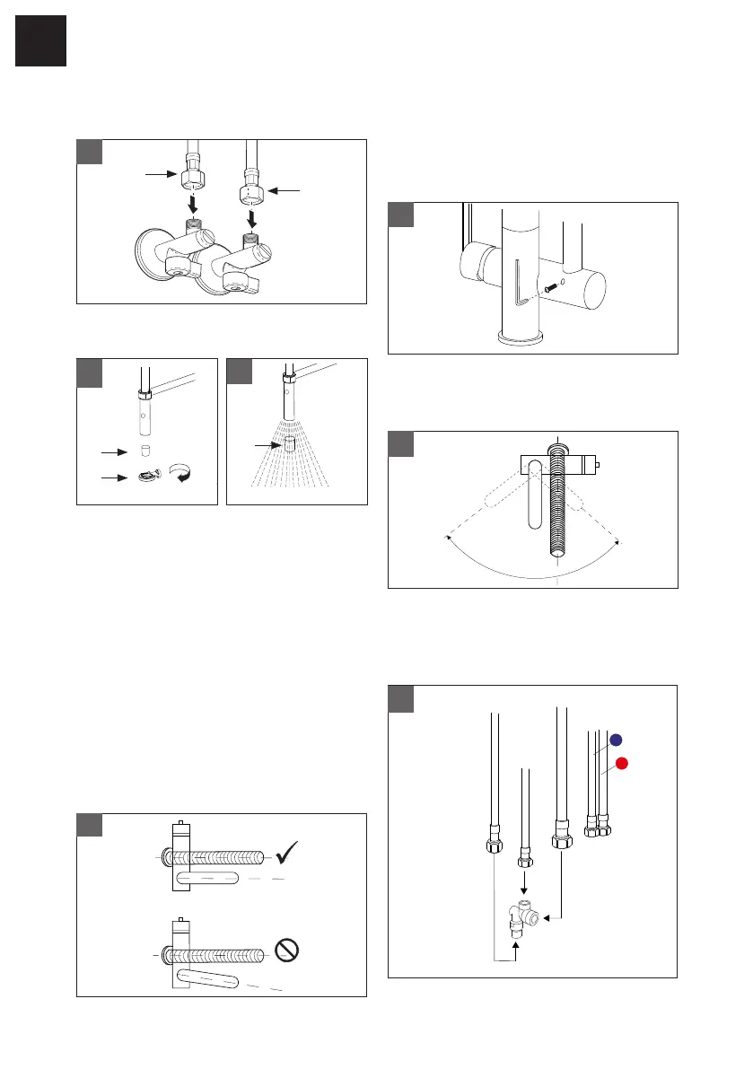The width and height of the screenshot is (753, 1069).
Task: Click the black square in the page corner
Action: [x=40, y=40]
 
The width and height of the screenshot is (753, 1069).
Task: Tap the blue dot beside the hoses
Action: [x=617, y=740]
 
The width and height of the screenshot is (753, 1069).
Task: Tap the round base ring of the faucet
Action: [x=521, y=338]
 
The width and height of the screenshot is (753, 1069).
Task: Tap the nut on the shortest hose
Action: [x=525, y=863]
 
